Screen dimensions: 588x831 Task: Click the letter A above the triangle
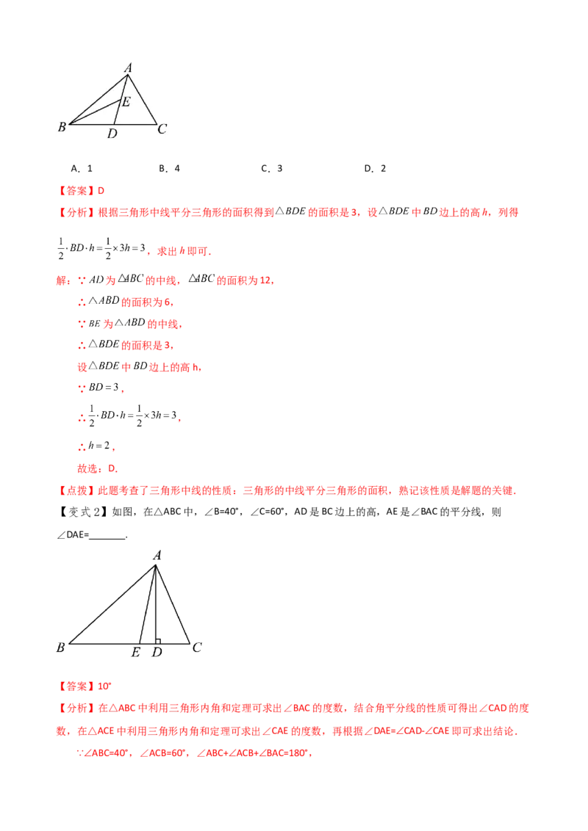click(x=128, y=68)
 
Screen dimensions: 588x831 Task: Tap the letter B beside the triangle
click(x=62, y=128)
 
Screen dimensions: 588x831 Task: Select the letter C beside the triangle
click(x=162, y=129)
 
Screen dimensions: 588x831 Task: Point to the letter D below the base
click(x=112, y=134)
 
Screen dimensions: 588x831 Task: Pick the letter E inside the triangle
click(x=126, y=102)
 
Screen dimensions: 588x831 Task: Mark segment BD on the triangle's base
click(x=90, y=124)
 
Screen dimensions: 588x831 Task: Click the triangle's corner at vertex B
click(x=70, y=124)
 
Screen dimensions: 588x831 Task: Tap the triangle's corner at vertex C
click(x=156, y=124)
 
